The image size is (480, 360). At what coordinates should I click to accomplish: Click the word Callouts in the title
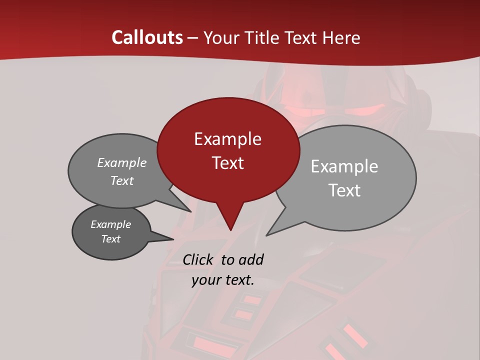[147, 37]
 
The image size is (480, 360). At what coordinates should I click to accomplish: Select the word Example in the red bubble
[227, 138]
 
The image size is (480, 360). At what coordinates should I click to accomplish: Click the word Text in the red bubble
[227, 162]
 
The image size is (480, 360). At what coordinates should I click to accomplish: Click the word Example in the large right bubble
[344, 166]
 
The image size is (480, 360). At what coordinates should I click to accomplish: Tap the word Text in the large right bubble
[344, 190]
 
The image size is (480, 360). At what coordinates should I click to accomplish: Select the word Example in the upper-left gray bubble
[122, 162]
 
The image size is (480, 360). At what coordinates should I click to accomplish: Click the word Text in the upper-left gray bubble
[122, 180]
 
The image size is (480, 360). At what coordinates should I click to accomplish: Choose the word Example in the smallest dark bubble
[110, 224]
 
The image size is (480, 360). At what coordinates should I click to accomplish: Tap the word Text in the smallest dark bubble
[110, 239]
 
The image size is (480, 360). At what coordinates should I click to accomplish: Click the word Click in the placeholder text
[198, 259]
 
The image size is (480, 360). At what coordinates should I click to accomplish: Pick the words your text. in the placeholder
[223, 280]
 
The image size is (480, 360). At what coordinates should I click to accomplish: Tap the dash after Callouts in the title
[193, 37]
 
